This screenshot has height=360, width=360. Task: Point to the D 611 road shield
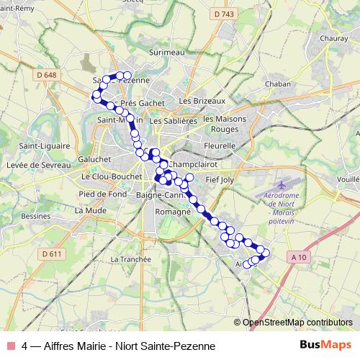pyautogui.click(x=51, y=253)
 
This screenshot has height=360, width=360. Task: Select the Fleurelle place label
pyautogui.click(x=220, y=145)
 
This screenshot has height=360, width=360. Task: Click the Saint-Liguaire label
pyautogui.click(x=40, y=146)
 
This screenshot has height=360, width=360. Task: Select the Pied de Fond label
pyautogui.click(x=103, y=194)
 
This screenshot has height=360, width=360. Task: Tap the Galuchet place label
pyautogui.click(x=94, y=159)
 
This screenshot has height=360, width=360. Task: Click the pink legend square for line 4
pyautogui.click(x=11, y=346)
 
